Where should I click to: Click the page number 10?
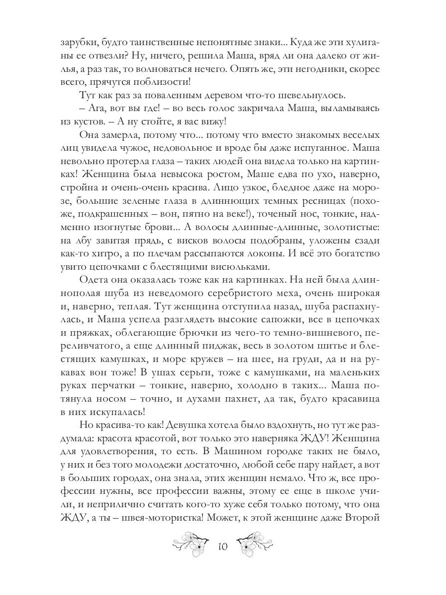[x=222, y=547]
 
